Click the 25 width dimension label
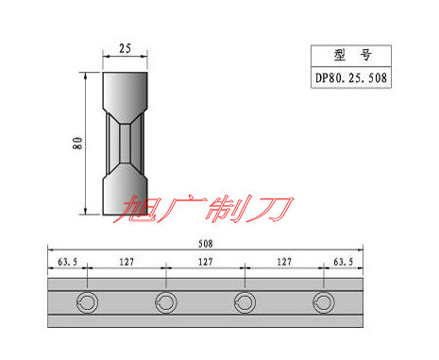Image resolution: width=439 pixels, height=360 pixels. point(125,48)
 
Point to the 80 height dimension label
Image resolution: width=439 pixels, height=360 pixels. point(77,143)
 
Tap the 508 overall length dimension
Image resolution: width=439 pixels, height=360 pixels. point(206,244)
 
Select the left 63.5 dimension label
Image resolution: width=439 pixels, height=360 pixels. point(67,262)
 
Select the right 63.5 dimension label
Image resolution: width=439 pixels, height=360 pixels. point(344,262)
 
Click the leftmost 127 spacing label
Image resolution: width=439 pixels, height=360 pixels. point(127,262)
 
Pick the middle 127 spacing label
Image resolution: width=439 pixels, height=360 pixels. point(205,262)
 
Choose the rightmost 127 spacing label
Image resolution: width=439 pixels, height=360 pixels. point(284,262)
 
